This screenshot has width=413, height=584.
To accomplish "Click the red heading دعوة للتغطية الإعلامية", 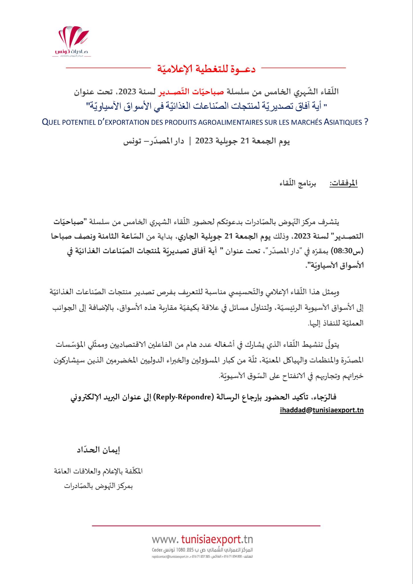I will coord(206,68).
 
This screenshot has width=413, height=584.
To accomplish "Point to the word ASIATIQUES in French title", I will coord(343,122).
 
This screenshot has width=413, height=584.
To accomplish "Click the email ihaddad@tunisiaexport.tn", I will coord(322,410).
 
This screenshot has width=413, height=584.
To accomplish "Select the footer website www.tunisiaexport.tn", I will coord(202,540).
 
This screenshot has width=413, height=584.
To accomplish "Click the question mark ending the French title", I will coord(366,122).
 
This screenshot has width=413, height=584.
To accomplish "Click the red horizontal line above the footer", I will coord(206,525).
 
